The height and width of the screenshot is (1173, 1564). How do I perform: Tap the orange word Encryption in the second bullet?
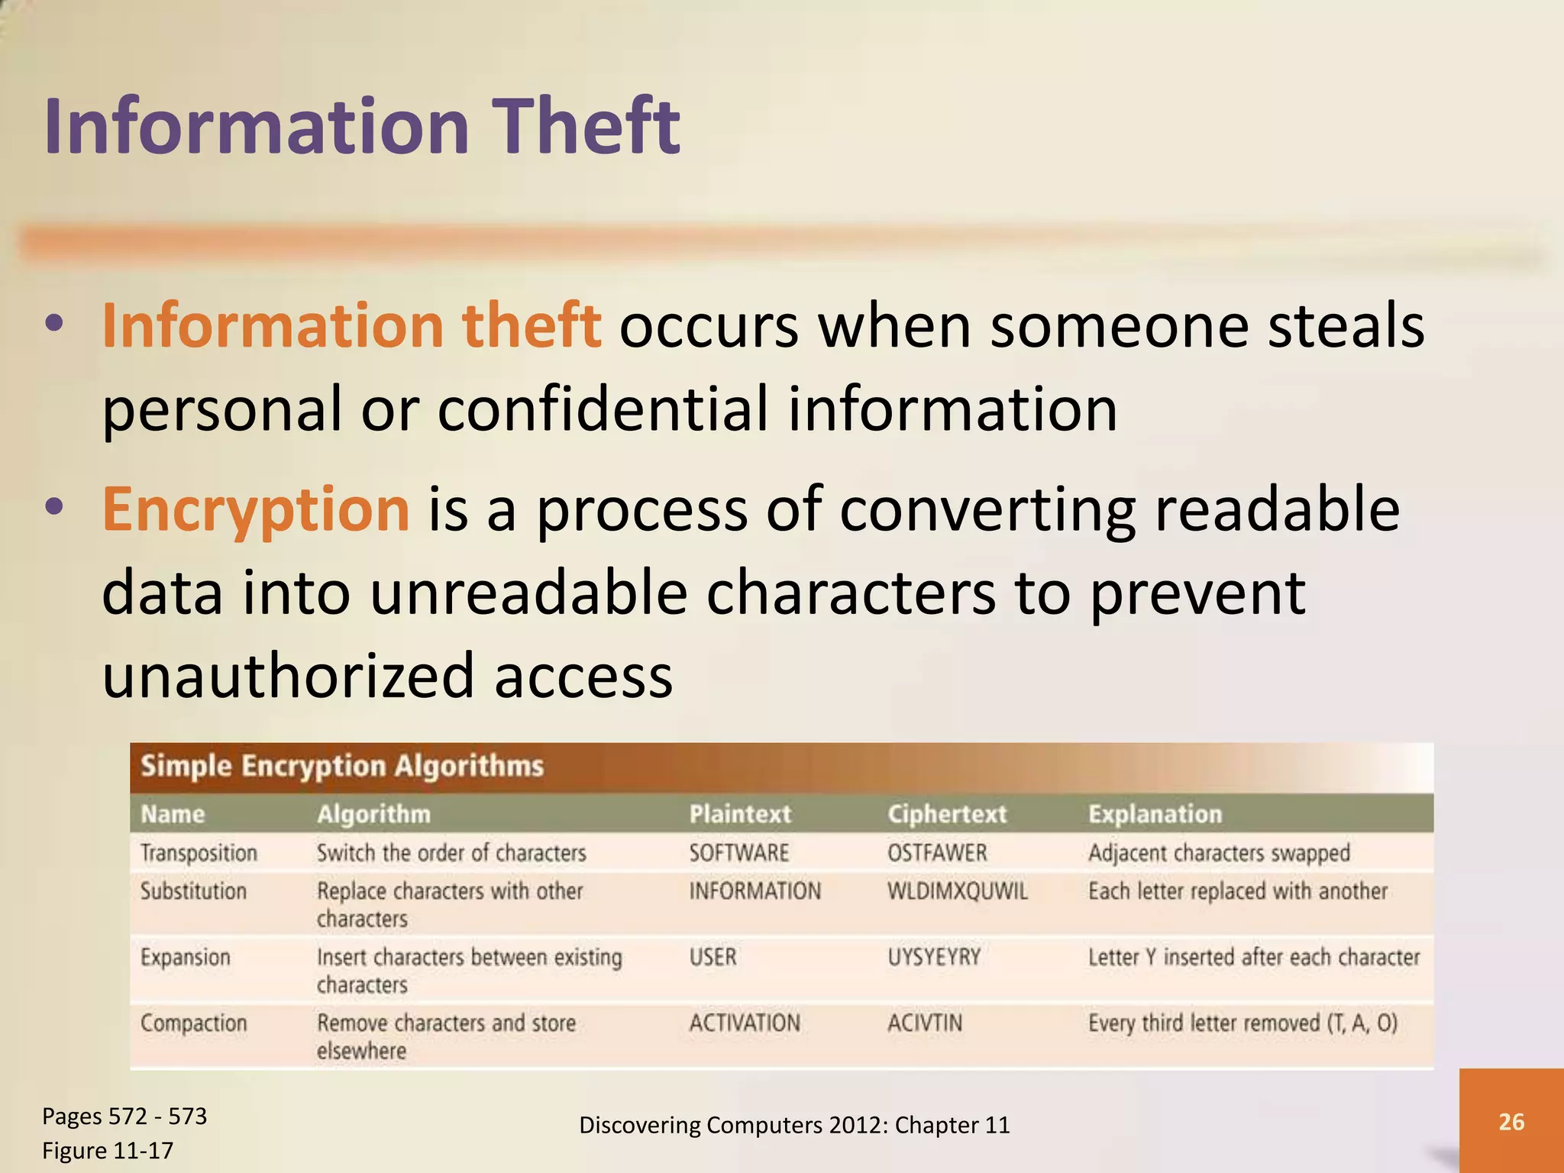[x=256, y=509]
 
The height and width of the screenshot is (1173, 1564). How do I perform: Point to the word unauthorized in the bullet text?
[x=288, y=675]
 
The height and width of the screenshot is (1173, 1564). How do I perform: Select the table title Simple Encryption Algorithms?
[x=342, y=766]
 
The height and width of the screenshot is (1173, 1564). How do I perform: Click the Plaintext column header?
[x=739, y=814]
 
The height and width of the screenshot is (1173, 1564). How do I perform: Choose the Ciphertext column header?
[x=946, y=814]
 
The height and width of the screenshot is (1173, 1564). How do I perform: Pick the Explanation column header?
[x=1155, y=814]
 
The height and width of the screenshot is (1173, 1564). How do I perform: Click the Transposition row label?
[x=199, y=853]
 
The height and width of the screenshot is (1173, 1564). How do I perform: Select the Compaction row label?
[x=193, y=1023]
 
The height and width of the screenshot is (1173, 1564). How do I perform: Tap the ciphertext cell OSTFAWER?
[x=936, y=853]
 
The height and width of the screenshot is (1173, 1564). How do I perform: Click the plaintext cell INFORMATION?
[x=755, y=891]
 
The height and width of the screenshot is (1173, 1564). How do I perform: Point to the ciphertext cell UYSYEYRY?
[x=933, y=957]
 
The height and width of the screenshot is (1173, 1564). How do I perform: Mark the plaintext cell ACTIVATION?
[x=745, y=1023]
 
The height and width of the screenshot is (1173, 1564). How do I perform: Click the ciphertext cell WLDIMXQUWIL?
[x=957, y=891]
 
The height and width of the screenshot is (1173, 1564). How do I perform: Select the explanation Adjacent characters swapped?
[x=1219, y=853]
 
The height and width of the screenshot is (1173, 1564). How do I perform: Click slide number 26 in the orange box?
[x=1511, y=1122]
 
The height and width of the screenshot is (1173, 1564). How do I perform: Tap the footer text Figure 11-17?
[x=108, y=1150]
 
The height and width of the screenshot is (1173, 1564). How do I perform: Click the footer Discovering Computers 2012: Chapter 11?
[x=794, y=1125]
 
